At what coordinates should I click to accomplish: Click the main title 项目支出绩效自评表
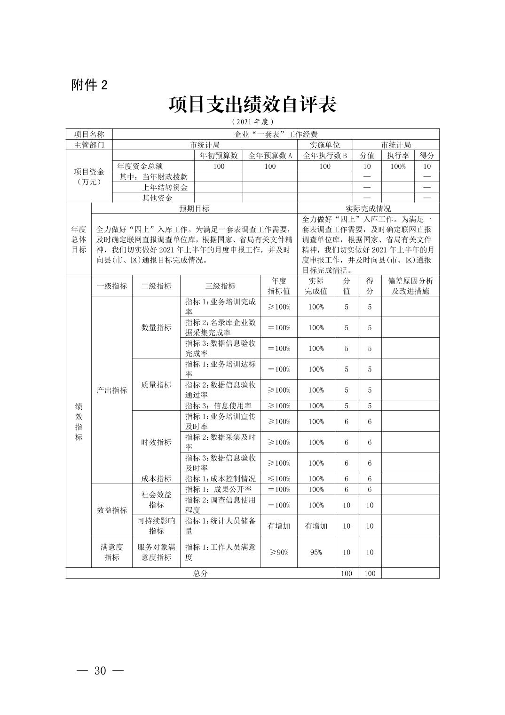(x=252, y=104)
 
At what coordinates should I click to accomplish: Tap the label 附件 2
(x=89, y=85)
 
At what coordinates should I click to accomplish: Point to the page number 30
(x=100, y=671)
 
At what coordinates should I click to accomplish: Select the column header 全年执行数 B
(x=325, y=156)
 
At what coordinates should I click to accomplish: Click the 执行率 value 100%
(x=398, y=167)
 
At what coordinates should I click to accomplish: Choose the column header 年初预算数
(x=219, y=156)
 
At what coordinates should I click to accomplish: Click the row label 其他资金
(x=158, y=198)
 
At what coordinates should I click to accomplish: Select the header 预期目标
(x=194, y=209)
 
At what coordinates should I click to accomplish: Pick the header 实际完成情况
(x=368, y=209)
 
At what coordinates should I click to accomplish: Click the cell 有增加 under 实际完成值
(x=316, y=526)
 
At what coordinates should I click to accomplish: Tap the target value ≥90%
(x=279, y=552)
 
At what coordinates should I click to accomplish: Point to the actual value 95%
(x=316, y=552)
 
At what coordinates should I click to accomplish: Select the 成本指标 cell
(x=156, y=479)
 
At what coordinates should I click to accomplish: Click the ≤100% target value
(x=279, y=479)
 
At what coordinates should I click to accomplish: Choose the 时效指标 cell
(x=156, y=442)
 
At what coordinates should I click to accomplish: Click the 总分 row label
(x=200, y=573)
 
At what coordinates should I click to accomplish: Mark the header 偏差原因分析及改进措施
(x=410, y=286)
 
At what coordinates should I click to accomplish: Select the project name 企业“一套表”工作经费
(x=276, y=135)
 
